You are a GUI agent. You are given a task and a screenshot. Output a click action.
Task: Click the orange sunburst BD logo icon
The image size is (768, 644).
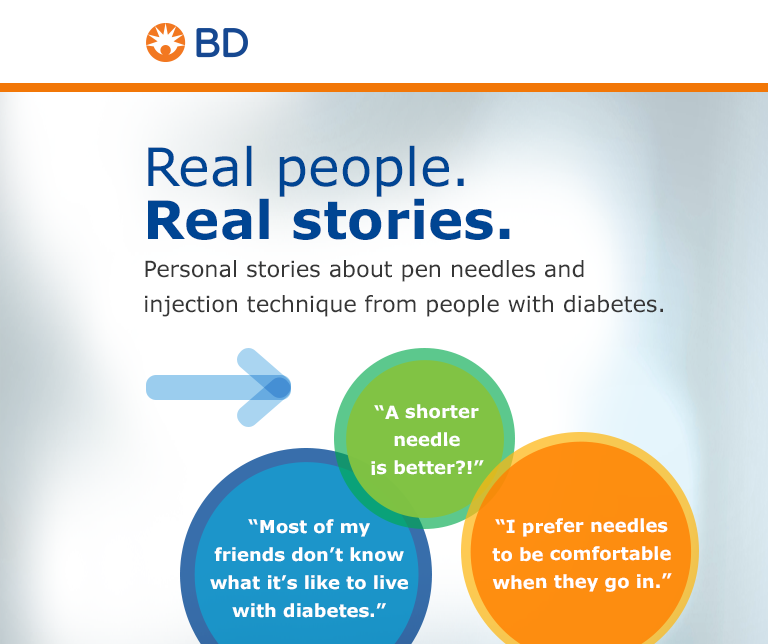click(x=166, y=43)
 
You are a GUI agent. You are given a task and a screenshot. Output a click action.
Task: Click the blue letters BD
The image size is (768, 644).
click(x=222, y=43)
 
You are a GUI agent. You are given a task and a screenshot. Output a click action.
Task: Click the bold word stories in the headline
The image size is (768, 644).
click(x=402, y=220)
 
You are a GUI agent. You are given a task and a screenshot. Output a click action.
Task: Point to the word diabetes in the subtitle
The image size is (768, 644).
click(x=614, y=304)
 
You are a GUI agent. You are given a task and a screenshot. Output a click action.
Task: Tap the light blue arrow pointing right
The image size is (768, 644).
click(x=218, y=387)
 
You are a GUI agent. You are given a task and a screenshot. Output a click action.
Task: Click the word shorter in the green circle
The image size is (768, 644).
click(x=441, y=412)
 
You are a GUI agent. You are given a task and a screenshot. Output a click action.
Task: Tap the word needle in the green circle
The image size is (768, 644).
click(x=427, y=440)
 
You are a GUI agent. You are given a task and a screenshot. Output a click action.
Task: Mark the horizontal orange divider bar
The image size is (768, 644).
click(x=384, y=88)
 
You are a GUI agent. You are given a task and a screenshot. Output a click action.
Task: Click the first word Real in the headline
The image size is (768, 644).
click(x=199, y=168)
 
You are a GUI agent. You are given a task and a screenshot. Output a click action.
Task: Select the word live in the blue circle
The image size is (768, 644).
click(x=390, y=582)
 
